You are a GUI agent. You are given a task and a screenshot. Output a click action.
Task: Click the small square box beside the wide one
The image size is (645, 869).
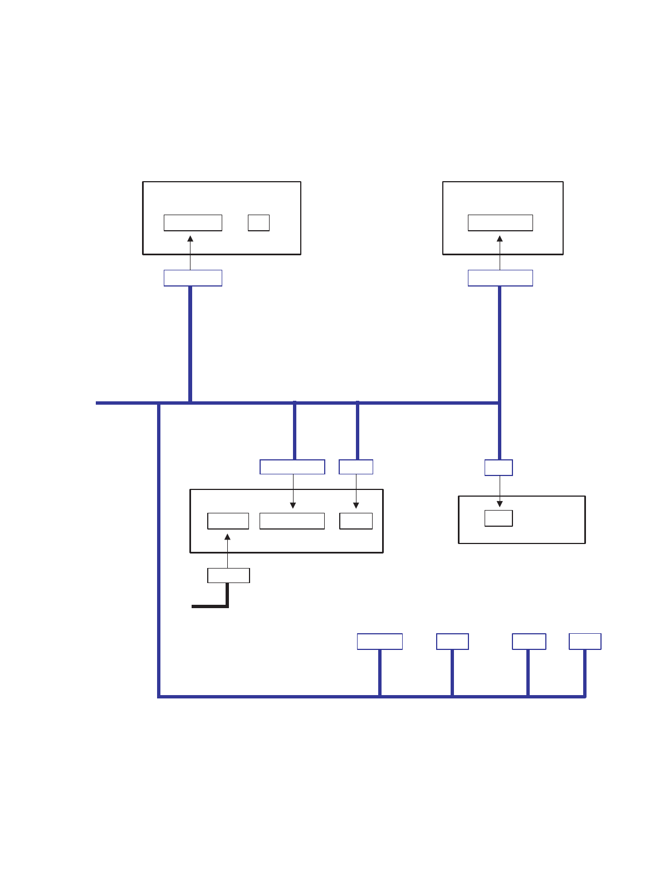(258, 222)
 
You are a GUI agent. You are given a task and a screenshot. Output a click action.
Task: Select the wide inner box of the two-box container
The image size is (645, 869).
(193, 222)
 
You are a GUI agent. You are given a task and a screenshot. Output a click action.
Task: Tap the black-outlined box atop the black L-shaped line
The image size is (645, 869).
(228, 575)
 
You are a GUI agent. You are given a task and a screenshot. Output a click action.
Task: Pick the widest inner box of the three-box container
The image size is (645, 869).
(292, 521)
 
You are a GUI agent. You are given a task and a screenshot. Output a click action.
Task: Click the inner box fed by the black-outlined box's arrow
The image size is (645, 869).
(228, 521)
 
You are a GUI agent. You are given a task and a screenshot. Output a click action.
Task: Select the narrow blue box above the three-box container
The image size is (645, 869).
(356, 467)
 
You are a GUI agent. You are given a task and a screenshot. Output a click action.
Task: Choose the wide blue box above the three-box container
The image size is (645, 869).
(292, 467)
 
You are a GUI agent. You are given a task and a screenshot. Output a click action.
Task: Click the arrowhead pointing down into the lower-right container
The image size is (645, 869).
(500, 504)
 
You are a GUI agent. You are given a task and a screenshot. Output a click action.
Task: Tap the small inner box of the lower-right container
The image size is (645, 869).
(499, 518)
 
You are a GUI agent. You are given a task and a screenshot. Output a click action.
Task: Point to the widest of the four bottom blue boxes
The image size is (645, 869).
(379, 642)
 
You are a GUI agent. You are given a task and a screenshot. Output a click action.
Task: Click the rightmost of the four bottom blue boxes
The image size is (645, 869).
(585, 642)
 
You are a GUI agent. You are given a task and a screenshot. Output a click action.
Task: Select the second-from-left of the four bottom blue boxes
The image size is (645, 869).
(452, 642)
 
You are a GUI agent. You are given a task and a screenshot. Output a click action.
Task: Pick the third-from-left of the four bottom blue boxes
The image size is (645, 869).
(529, 642)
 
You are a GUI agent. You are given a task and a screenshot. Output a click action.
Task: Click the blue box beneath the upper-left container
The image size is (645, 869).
(193, 278)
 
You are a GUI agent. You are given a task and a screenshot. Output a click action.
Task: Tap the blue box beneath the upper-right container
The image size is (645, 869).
(500, 278)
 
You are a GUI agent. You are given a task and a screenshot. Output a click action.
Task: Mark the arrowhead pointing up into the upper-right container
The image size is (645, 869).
(500, 239)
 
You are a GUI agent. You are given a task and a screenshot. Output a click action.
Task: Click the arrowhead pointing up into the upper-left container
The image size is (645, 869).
(190, 239)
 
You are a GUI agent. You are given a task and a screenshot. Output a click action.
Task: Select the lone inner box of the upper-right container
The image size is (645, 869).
(500, 222)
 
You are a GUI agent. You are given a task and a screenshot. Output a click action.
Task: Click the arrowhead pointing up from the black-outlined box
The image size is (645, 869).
(227, 537)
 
